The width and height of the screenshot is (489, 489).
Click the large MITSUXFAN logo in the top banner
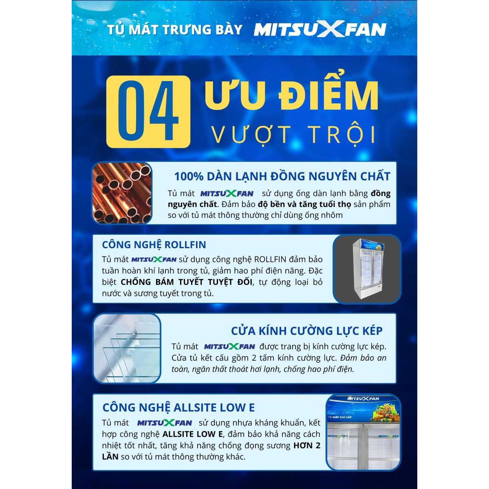(x=320, y=30)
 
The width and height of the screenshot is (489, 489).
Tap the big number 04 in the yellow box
(x=148, y=111)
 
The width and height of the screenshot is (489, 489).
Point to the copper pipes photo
(x=122, y=193)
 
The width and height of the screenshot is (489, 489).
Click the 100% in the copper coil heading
(x=189, y=176)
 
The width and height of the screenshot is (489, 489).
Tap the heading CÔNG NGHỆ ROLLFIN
(x=154, y=244)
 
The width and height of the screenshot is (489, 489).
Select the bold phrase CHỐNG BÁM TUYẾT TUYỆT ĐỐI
(x=186, y=282)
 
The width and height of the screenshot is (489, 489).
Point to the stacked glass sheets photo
(x=127, y=348)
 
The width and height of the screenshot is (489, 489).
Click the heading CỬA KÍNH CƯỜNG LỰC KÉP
(x=306, y=331)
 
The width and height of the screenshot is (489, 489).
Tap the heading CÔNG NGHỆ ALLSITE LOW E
(x=178, y=407)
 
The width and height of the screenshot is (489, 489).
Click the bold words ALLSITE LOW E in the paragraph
(x=193, y=434)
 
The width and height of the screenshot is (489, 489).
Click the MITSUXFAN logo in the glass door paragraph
(x=229, y=347)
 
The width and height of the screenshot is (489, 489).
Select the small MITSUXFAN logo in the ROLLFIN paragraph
(x=154, y=260)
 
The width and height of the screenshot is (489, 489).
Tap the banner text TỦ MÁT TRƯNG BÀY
(x=174, y=29)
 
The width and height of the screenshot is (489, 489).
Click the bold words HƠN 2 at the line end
(x=307, y=445)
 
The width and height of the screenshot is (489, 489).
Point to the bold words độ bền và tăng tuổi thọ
(x=304, y=204)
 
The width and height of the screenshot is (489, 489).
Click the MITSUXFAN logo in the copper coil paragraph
(x=227, y=194)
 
